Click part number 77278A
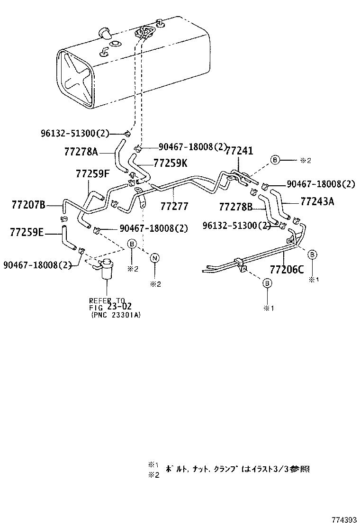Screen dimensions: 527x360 (81, 152)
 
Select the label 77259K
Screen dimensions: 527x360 (171, 163)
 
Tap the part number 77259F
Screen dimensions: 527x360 (92, 174)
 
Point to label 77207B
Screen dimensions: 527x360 (28, 205)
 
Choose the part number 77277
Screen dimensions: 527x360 (174, 206)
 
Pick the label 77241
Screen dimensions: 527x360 (239, 151)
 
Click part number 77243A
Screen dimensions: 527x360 (317, 201)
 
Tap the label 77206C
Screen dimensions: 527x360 (287, 270)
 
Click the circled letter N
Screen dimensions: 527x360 (154, 258)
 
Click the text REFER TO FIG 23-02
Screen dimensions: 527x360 (107, 304)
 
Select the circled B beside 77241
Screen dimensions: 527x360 (275, 160)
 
